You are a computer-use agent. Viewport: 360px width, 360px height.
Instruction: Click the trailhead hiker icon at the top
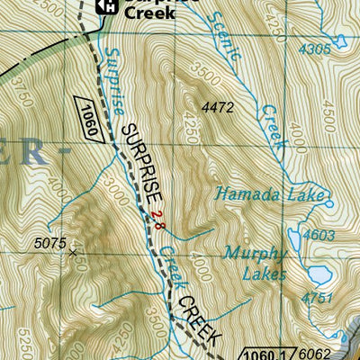pos(105,6)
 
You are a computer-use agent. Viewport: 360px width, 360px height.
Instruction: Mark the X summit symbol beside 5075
pos(74,253)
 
